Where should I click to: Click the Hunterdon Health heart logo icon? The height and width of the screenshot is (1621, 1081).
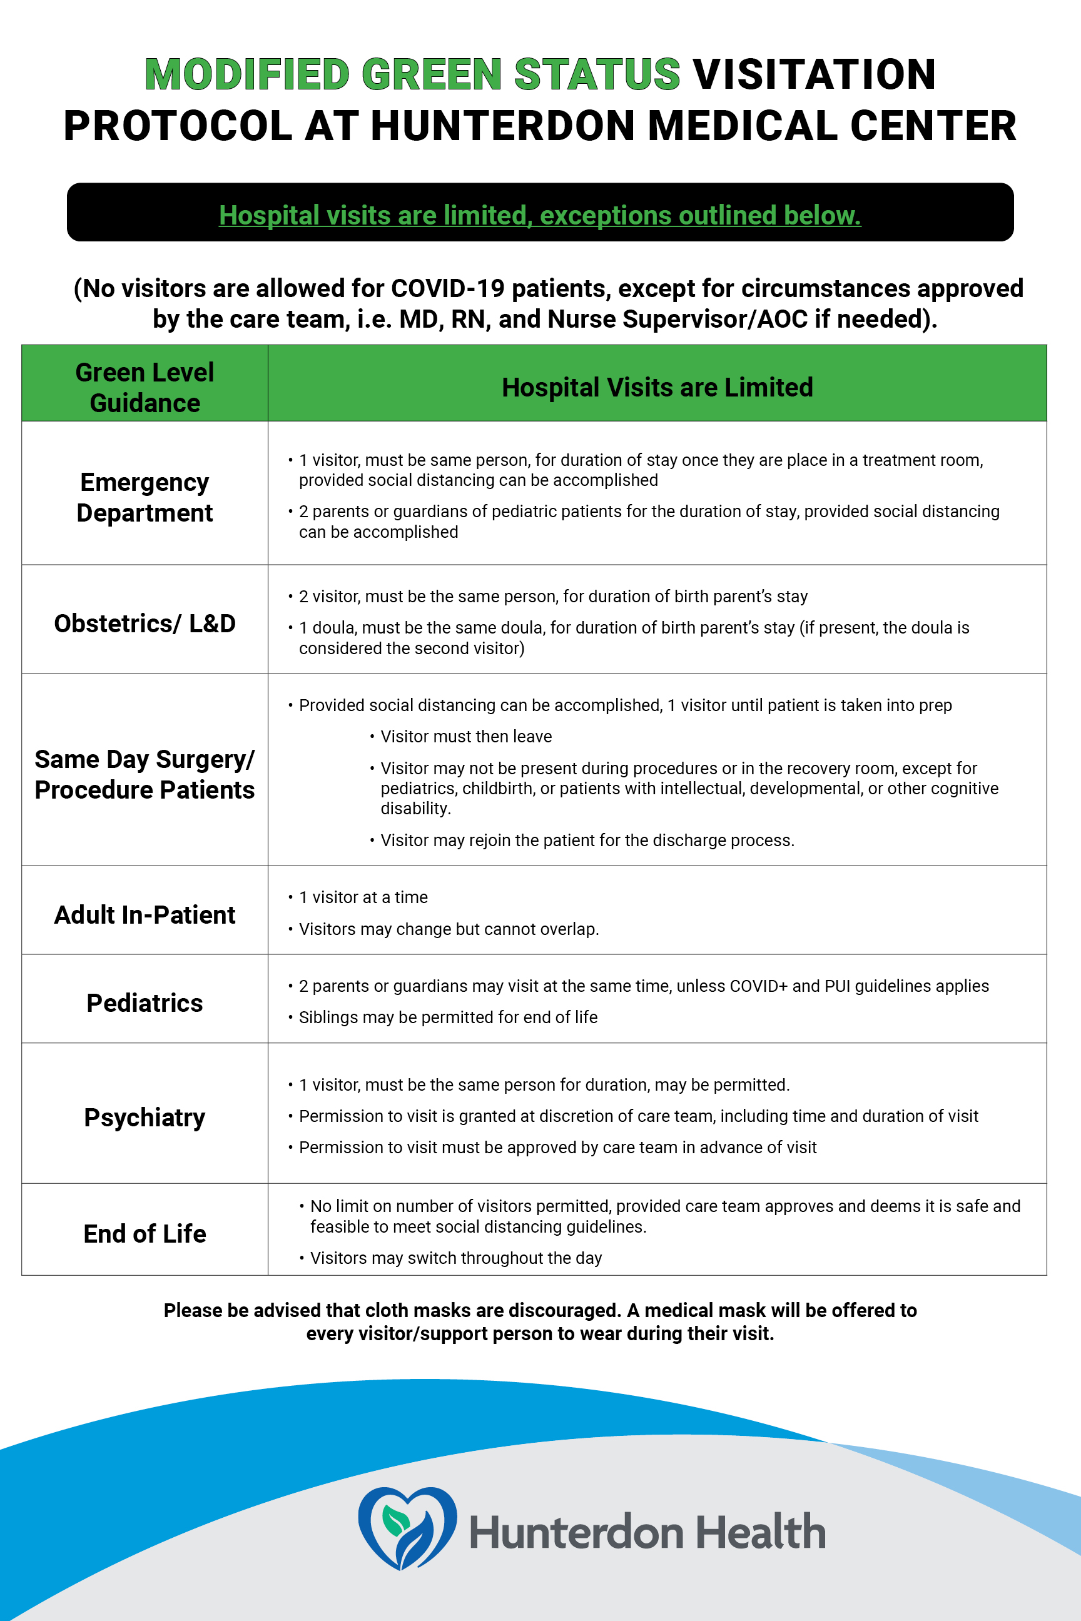tap(407, 1527)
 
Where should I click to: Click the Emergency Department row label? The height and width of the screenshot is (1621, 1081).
tap(145, 497)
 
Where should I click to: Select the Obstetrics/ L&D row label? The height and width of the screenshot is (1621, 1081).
tap(145, 623)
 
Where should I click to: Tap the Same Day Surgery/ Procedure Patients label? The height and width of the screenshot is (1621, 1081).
tap(145, 774)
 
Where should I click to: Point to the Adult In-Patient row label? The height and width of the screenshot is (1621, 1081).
tap(145, 914)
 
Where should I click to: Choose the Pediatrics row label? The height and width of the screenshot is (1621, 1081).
tap(145, 1002)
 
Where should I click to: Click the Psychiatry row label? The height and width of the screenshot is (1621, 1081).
tap(145, 1117)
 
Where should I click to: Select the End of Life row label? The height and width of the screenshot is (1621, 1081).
tap(145, 1234)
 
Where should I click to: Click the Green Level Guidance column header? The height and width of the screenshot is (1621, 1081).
tap(145, 387)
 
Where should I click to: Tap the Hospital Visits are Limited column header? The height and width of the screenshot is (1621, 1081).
tap(657, 387)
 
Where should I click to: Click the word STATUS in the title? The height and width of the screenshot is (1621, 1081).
tap(597, 74)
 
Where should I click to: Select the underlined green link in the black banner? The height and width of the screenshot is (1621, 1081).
tap(540, 215)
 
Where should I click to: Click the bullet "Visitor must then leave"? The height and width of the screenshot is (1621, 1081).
tap(466, 736)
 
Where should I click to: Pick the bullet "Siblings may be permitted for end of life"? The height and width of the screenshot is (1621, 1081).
tap(448, 1018)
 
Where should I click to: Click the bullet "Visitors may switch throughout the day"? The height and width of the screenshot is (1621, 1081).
tap(455, 1258)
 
